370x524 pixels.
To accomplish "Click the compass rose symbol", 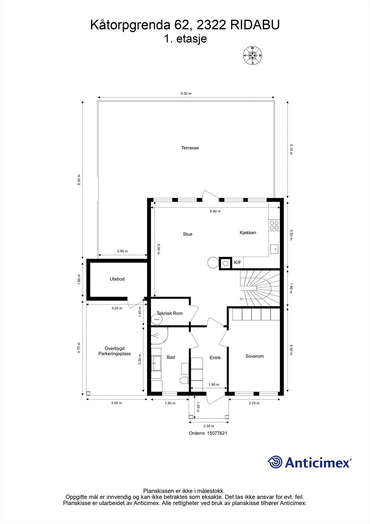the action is point(253,56).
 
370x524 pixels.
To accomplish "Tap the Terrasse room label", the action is point(190,148).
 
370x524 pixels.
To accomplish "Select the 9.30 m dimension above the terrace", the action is point(186,94).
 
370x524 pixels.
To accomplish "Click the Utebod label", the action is point(117,279).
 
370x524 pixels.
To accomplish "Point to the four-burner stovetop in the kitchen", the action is point(274,225).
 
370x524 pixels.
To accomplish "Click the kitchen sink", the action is point(274,249).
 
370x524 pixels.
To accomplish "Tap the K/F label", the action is point(238,262).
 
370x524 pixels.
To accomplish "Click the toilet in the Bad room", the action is point(185,380).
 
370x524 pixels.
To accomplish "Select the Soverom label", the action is point(255,356).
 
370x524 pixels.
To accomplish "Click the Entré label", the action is point(215,357).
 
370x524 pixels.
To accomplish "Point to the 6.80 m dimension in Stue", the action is point(215,211).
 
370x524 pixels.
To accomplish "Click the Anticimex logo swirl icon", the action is point(275,462).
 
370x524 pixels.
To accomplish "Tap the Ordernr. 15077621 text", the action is point(208,433).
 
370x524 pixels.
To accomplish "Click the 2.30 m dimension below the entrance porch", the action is point(208,426).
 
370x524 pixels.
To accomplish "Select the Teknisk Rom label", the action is point(169,313).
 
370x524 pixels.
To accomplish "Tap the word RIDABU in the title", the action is point(255,25).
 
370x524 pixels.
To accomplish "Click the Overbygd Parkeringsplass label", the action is point(115,351).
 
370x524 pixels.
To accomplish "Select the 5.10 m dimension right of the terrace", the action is point(291,149).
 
